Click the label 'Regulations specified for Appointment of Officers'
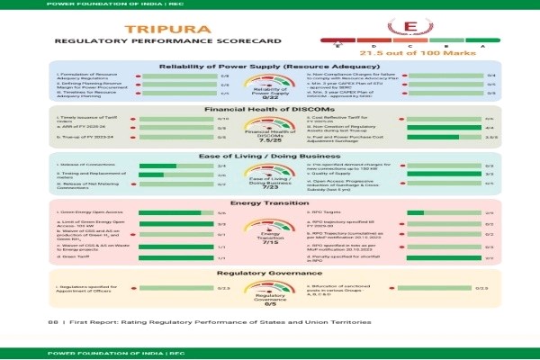tap(90, 289)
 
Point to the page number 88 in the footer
tap(51, 321)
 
